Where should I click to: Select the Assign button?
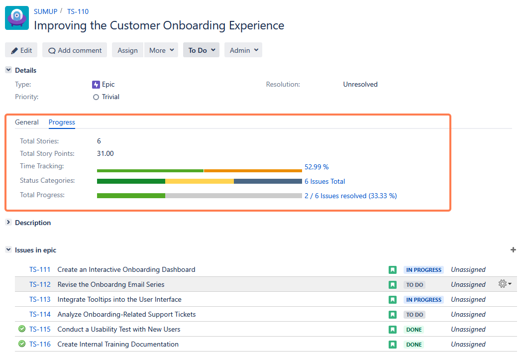(127, 50)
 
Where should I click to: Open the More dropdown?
(161, 50)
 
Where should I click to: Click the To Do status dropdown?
(201, 50)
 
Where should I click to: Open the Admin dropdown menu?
(243, 50)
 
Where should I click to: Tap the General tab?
(27, 122)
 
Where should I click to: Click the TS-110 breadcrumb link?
(78, 11)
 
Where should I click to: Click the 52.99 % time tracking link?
(316, 167)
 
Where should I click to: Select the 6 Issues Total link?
(324, 181)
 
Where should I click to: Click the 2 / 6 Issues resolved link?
(350, 196)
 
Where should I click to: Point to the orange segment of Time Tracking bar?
(253, 171)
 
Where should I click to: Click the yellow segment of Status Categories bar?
(199, 181)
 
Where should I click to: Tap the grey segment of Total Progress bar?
(233, 196)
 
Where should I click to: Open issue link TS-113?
(40, 299)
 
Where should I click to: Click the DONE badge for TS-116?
(414, 345)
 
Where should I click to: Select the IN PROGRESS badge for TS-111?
(423, 270)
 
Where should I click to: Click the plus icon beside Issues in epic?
(513, 250)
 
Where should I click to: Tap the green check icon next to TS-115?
(22, 329)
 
